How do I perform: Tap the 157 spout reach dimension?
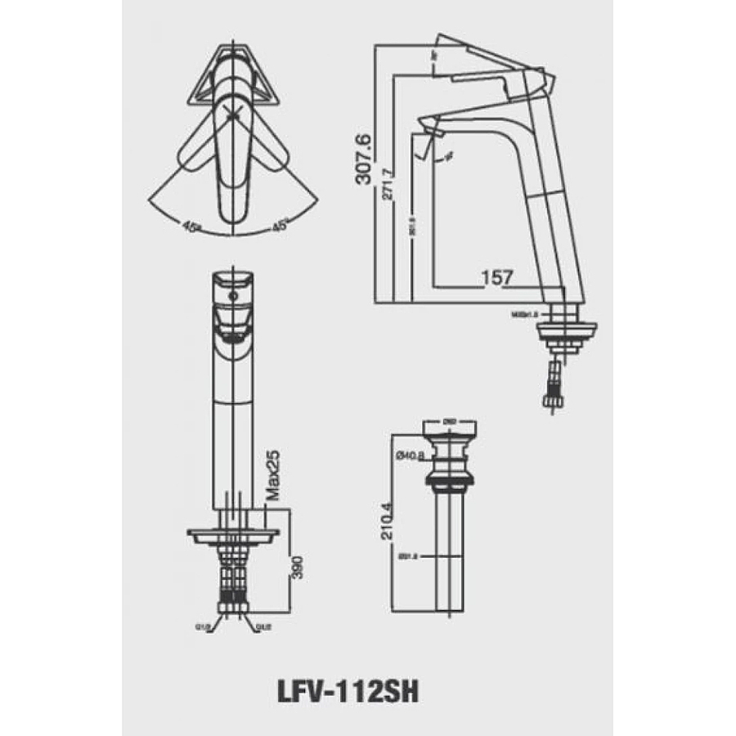(x=497, y=277)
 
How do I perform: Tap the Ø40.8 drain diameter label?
(x=409, y=456)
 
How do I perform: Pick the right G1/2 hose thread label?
(x=263, y=628)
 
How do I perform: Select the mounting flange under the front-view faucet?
(x=233, y=536)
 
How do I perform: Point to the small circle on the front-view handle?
(x=235, y=295)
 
